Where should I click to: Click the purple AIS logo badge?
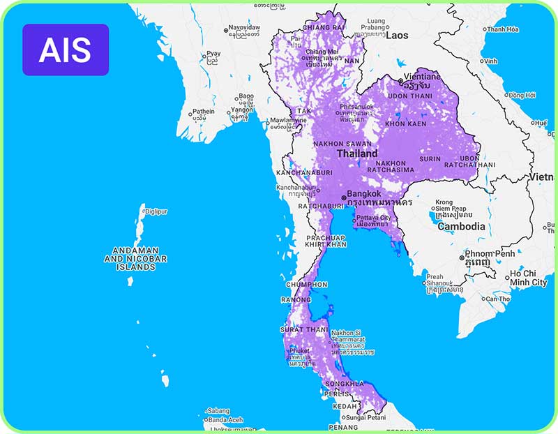coord(66,50)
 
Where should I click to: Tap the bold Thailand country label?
coord(357,154)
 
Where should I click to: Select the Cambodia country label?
coord(461,227)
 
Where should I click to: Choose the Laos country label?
coord(397,35)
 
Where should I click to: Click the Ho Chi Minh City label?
coord(528,278)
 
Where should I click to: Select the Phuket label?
coord(299,351)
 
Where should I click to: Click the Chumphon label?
coord(306,285)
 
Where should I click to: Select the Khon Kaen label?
coord(405,123)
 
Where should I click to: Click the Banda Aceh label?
coord(225,419)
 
